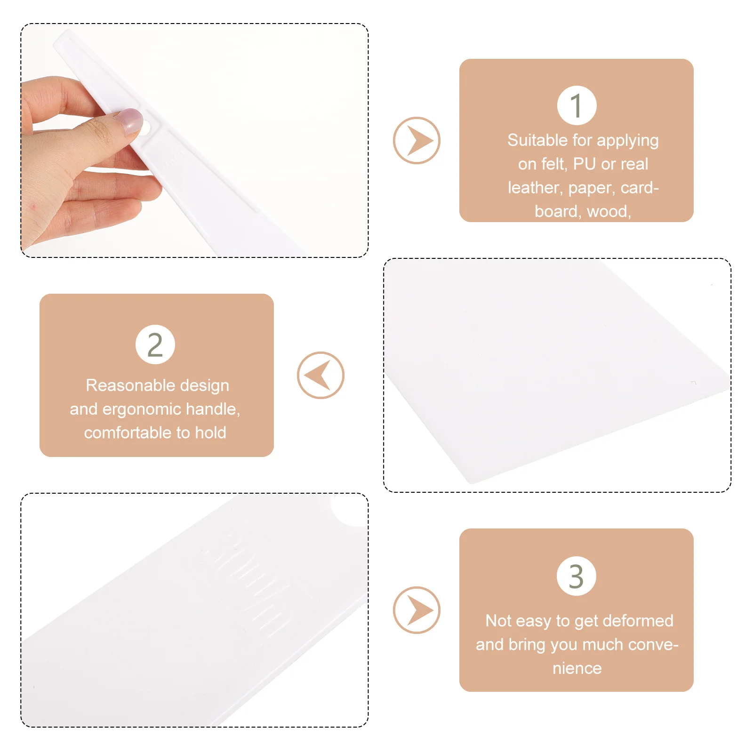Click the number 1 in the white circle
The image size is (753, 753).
coord(577,105)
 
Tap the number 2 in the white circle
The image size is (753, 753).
coord(155,344)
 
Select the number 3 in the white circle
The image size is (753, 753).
coord(577,576)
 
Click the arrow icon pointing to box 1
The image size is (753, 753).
coord(417,140)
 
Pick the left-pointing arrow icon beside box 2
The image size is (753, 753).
coord(320,375)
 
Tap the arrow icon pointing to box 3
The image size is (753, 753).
coord(417,610)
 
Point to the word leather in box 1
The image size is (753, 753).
coord(535,188)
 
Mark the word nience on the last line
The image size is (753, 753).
coord(577,668)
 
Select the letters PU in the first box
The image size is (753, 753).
coord(585,164)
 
